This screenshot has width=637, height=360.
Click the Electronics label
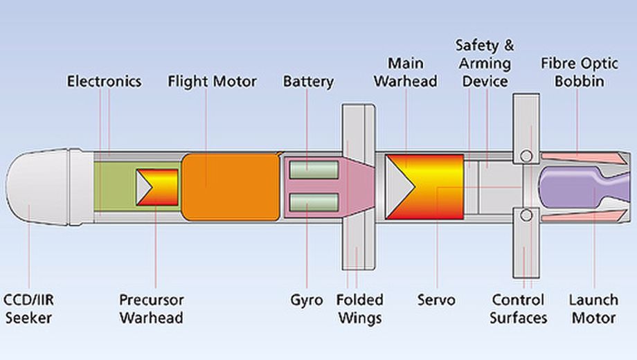pos(104,82)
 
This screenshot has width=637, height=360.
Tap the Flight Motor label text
pos(212,82)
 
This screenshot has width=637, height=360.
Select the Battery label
pos(308,82)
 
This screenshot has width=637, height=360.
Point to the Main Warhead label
pos(406,73)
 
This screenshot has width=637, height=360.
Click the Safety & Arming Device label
pos(485,64)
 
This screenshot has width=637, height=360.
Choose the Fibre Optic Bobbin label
pos(573,73)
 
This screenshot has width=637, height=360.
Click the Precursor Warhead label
pos(151,309)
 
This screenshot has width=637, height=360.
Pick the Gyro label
pos(307,300)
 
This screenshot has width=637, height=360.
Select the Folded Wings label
pos(359,309)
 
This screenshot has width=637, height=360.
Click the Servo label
pos(436,300)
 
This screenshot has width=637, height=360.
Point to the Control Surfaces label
pos(518,309)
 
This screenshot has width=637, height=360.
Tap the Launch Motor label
pos(593,309)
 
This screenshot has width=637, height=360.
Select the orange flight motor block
pos(231,187)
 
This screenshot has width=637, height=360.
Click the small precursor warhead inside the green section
pos(158,187)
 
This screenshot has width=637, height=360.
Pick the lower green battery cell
pos(314,202)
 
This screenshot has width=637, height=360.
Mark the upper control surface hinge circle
pos(526,155)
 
